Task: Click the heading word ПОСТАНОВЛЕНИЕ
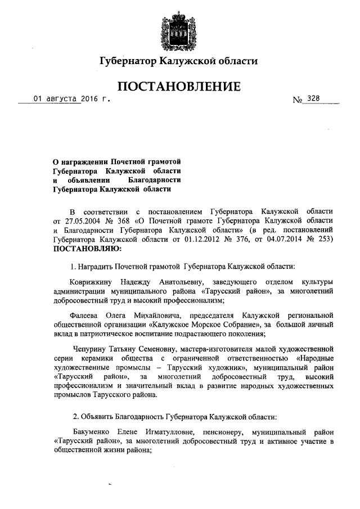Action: [x=179, y=86]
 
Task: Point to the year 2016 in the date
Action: [x=89, y=99]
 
